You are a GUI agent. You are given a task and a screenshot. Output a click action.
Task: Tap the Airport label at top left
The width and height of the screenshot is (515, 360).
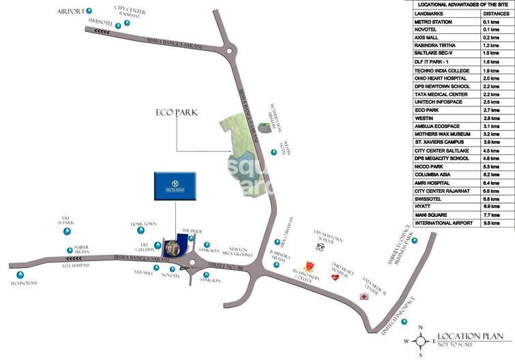coord(70,12)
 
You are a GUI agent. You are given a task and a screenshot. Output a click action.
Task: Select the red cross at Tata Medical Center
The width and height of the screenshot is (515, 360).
coord(363,295)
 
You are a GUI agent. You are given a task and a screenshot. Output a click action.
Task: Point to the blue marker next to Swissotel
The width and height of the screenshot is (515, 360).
coord(118,25)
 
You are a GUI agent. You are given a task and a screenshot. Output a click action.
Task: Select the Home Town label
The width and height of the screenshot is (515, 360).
coord(144,224)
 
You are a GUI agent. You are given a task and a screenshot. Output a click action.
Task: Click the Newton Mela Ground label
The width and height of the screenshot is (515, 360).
coord(239,252)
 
